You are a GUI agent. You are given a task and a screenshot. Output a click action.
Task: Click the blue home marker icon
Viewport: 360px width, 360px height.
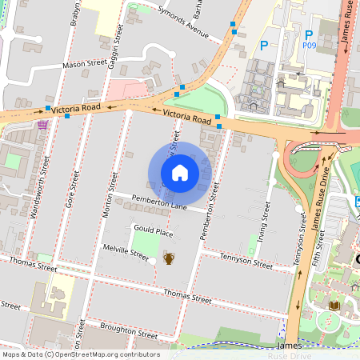click(x=180, y=173)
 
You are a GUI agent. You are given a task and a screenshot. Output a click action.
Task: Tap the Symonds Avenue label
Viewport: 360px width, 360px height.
click(x=183, y=28)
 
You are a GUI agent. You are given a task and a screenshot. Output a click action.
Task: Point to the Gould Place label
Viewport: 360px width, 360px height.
click(x=154, y=232)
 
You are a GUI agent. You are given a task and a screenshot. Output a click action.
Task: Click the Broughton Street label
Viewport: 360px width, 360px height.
click(x=128, y=330)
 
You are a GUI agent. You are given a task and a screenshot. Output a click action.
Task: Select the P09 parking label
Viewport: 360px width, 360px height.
click(x=310, y=46)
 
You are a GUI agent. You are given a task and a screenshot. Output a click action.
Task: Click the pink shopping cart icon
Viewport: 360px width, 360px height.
click(x=42, y=124)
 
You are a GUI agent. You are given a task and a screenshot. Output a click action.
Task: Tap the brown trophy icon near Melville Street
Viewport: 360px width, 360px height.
click(x=169, y=258)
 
